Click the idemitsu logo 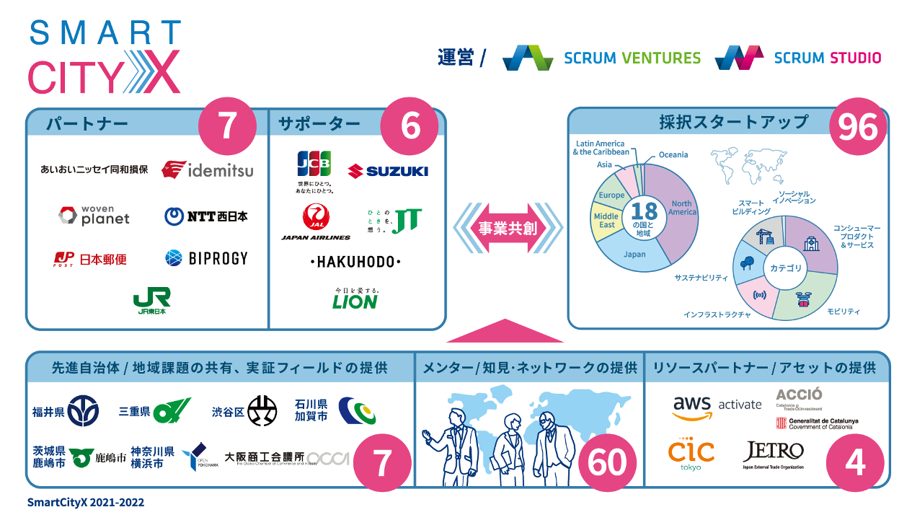[x=207, y=170]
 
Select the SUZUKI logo [x=387, y=171]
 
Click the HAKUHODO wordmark [x=355, y=261]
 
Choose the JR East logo [x=151, y=301]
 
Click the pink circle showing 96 [x=858, y=128]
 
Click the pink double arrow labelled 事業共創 [x=508, y=229]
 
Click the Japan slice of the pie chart [x=635, y=254]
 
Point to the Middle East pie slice [x=606, y=221]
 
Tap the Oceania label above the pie [x=673, y=154]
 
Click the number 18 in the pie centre [x=644, y=211]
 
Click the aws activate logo [x=717, y=405]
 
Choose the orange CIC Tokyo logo [x=691, y=454]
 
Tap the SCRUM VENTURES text [x=632, y=58]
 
